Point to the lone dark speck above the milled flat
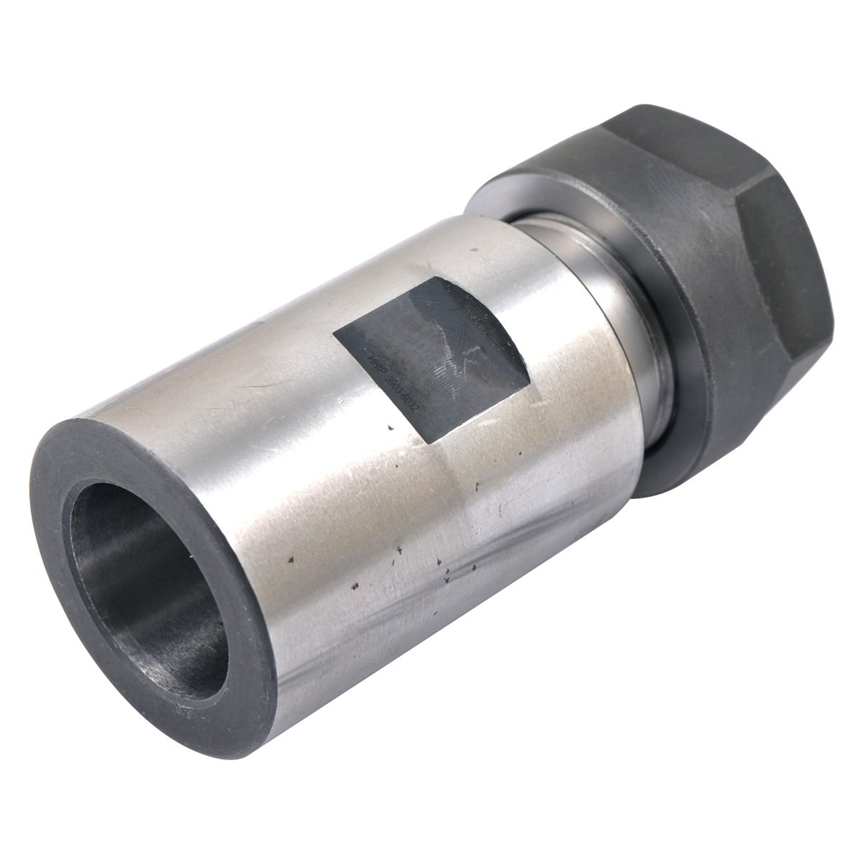(474, 251)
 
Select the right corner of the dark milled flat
(531, 374)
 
